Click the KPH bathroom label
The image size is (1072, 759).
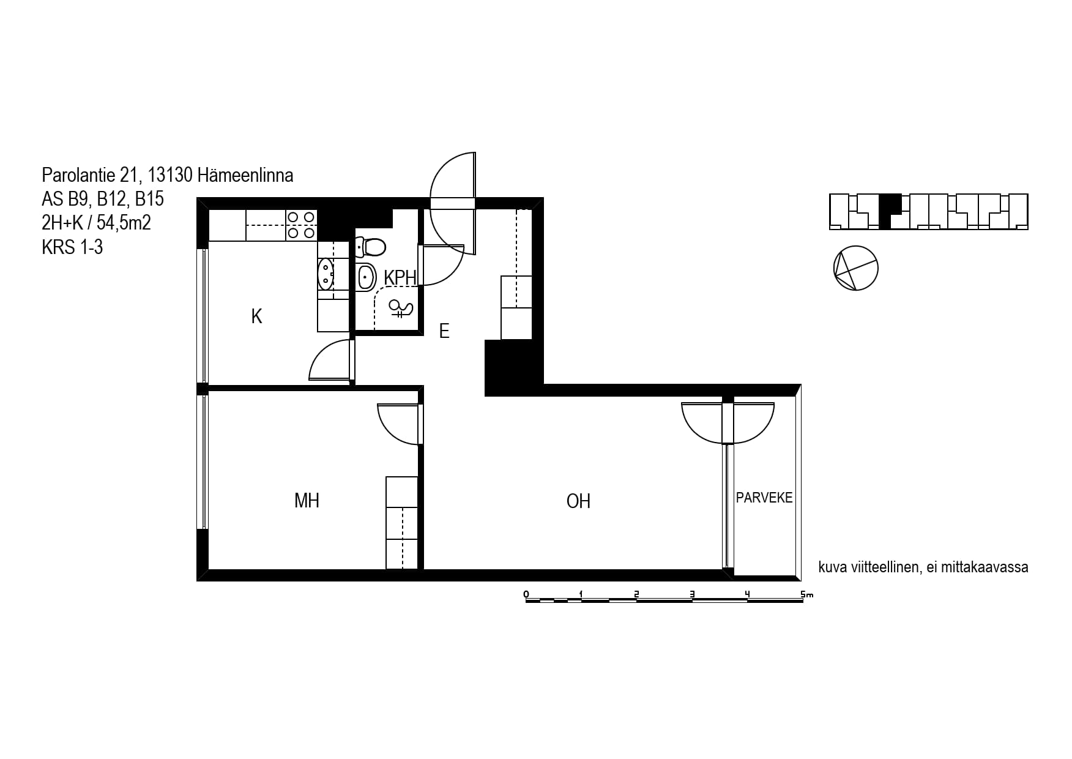pyautogui.click(x=400, y=277)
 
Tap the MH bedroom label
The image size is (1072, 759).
pyautogui.click(x=307, y=501)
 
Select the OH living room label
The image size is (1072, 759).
pyautogui.click(x=578, y=501)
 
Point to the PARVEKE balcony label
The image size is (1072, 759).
pyautogui.click(x=764, y=498)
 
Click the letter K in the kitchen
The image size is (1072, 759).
pyautogui.click(x=257, y=316)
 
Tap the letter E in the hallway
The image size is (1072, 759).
pyautogui.click(x=444, y=331)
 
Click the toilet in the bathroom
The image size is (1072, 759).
pyautogui.click(x=370, y=247)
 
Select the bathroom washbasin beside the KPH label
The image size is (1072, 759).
pyautogui.click(x=365, y=277)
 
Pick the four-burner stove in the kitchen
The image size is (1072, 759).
pyautogui.click(x=301, y=225)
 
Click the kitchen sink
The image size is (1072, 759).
pyautogui.click(x=326, y=274)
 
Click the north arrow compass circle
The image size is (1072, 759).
pyautogui.click(x=856, y=268)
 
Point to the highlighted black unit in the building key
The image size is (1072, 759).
pyautogui.click(x=888, y=211)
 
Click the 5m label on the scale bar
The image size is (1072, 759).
pyautogui.click(x=806, y=594)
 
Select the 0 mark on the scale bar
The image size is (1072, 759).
pyautogui.click(x=526, y=594)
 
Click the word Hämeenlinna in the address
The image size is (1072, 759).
pyautogui.click(x=245, y=176)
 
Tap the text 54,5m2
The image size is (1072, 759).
pyautogui.click(x=124, y=223)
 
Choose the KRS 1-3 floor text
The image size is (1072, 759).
pyautogui.click(x=72, y=247)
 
